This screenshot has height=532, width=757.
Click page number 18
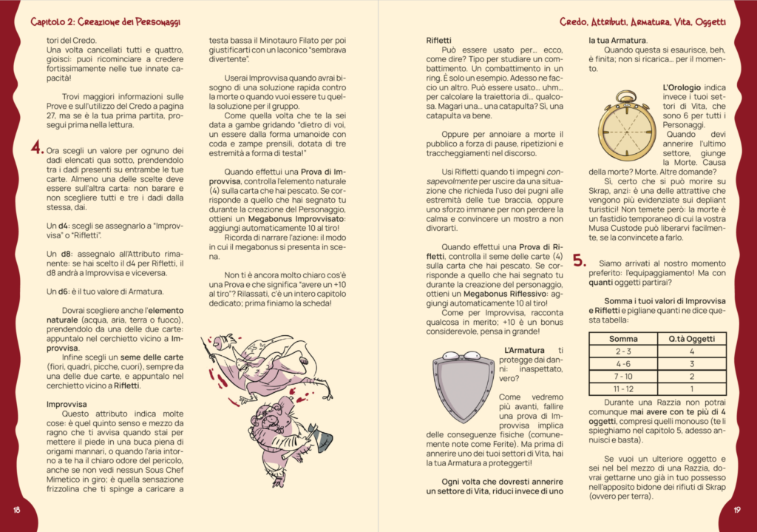pyautogui.click(x=17, y=511)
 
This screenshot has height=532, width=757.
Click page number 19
pyautogui.click(x=737, y=511)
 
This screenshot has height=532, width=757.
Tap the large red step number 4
pyautogui.click(x=35, y=148)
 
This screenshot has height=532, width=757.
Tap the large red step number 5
pyautogui.click(x=580, y=261)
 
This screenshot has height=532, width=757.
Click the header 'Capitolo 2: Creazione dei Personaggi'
pyautogui.click(x=106, y=23)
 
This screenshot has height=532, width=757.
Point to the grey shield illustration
pyautogui.click(x=464, y=386)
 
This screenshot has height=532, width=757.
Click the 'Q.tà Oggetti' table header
pyautogui.click(x=691, y=338)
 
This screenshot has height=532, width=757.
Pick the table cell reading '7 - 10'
pyautogui.click(x=623, y=376)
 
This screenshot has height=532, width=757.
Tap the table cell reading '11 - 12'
pyautogui.click(x=623, y=388)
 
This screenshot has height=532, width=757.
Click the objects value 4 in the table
pyautogui.click(x=691, y=351)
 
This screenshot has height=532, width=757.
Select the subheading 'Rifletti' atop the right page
pyautogui.click(x=439, y=39)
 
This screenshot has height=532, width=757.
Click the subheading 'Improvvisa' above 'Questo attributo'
pyautogui.click(x=67, y=404)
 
